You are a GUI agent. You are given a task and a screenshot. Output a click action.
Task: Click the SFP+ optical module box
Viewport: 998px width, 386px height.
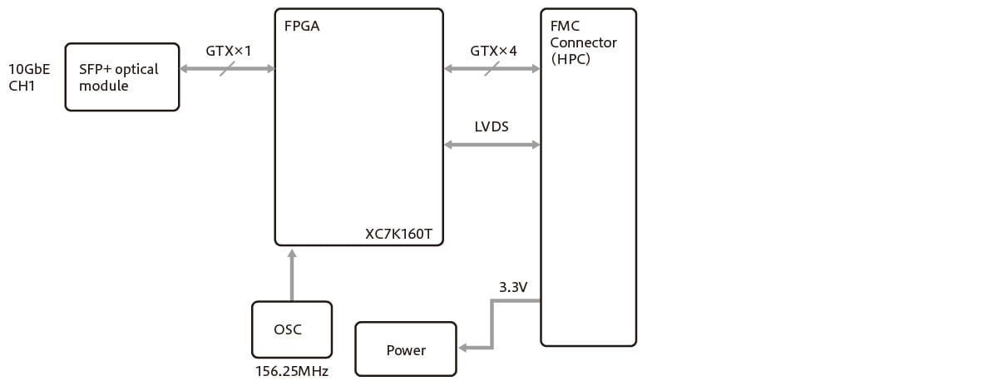[121, 77]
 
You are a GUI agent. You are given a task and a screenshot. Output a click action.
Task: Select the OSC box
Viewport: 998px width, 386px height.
[291, 329]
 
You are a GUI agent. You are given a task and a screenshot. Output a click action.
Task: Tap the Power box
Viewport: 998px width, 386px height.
[406, 349]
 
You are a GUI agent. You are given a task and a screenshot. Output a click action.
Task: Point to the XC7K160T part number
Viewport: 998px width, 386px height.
[398, 234]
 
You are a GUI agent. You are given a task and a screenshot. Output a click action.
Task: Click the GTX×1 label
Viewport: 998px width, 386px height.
[229, 51]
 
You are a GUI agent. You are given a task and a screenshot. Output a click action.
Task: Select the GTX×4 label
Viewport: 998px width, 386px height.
[493, 51]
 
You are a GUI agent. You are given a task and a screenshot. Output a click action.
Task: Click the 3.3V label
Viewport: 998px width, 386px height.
[513, 287]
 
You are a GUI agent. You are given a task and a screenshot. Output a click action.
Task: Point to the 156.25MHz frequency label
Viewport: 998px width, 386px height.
[291, 371]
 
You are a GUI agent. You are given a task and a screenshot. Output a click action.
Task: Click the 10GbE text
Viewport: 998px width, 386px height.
[29, 69]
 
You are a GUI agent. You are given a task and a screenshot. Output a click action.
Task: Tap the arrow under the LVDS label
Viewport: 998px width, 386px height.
[492, 145]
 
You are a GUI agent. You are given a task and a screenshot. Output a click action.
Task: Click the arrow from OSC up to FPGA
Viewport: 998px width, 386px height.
[291, 275]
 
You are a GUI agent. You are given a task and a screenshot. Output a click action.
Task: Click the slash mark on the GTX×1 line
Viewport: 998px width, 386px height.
[227, 69]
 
